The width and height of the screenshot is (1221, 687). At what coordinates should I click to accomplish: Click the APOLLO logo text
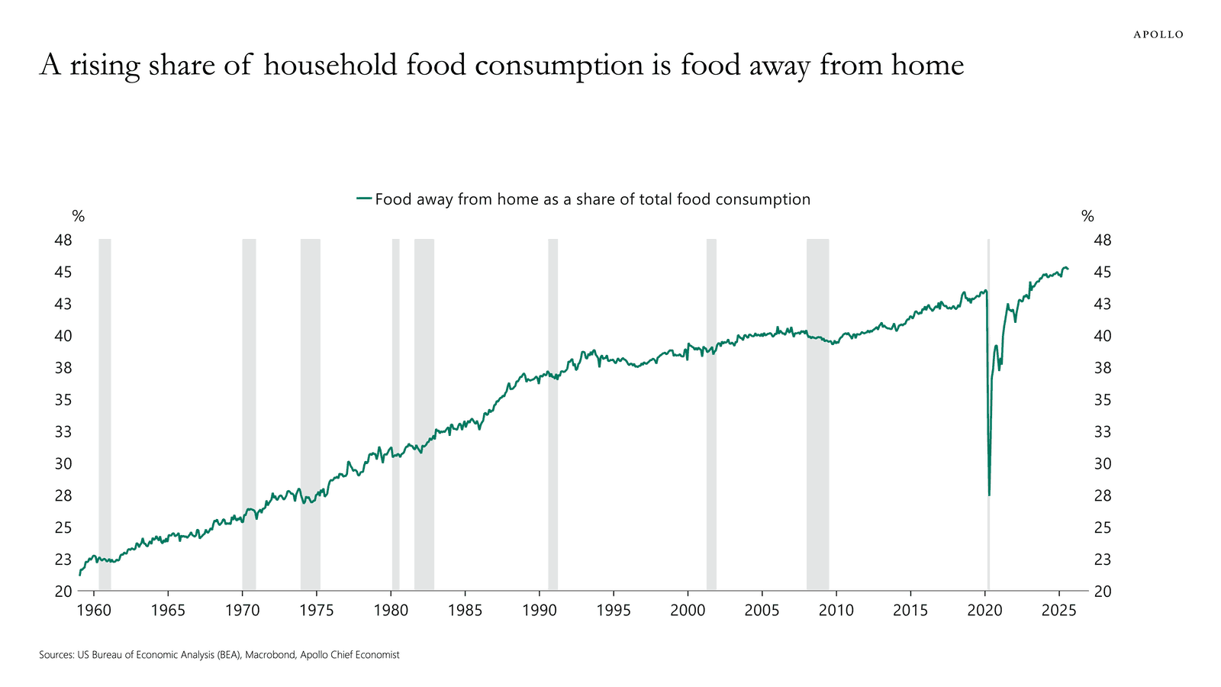[1158, 34]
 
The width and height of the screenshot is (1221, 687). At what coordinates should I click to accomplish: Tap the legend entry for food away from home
[584, 199]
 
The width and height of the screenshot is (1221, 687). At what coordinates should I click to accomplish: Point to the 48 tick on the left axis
[63, 240]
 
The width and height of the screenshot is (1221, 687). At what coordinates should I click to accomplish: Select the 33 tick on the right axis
[1103, 431]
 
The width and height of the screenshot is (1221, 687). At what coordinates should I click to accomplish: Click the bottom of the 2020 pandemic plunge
[989, 495]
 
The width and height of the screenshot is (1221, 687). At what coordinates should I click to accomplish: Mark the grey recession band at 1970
[249, 412]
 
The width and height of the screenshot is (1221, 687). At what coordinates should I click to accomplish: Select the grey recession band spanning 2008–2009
[817, 412]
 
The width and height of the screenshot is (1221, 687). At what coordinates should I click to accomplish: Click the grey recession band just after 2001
[711, 412]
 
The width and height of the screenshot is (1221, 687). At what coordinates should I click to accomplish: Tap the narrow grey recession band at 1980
[395, 412]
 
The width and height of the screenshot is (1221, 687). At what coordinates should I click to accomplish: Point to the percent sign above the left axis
[78, 217]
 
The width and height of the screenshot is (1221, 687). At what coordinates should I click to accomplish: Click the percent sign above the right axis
[1087, 217]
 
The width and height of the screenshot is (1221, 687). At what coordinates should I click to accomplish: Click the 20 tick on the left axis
[63, 591]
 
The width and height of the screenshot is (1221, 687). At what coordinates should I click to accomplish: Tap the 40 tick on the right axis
[1103, 336]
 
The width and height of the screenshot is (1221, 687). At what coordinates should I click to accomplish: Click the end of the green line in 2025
[1068, 269]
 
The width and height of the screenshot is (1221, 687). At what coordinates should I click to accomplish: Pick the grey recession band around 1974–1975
[310, 412]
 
